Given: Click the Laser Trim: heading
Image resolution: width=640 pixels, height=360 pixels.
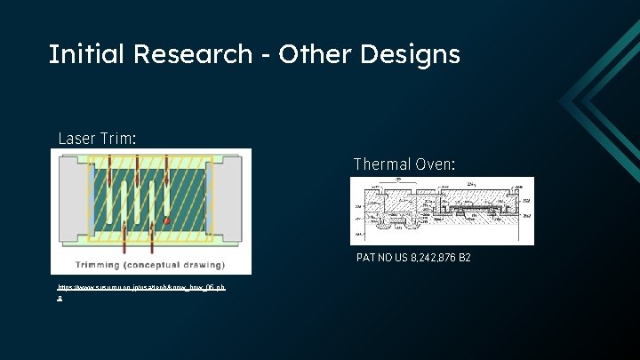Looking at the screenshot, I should point(98,139).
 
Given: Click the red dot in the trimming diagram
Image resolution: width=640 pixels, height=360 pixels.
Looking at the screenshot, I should point(166,210).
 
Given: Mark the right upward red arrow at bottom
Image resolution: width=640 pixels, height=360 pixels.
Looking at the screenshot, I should point(152,236).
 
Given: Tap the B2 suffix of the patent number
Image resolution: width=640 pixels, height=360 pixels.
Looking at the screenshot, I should point(463,257).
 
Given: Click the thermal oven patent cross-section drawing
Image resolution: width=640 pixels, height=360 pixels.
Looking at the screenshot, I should point(442,211).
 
